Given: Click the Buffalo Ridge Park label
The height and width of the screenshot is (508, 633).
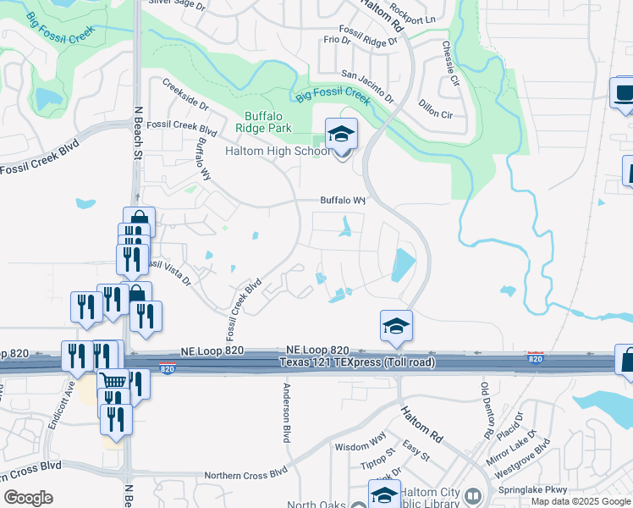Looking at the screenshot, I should point(267,122).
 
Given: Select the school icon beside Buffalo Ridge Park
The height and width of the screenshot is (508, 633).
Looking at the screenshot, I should point(341,135).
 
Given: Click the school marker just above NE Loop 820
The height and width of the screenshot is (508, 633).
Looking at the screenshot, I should point(395,326).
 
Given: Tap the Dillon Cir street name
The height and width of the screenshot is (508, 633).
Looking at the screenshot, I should point(436,108).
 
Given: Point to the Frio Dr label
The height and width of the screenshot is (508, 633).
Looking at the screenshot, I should point(336,40).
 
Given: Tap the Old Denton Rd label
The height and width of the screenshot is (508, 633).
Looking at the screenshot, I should point(487,410).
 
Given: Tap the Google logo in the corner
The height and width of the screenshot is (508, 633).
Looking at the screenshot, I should point(29,498).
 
